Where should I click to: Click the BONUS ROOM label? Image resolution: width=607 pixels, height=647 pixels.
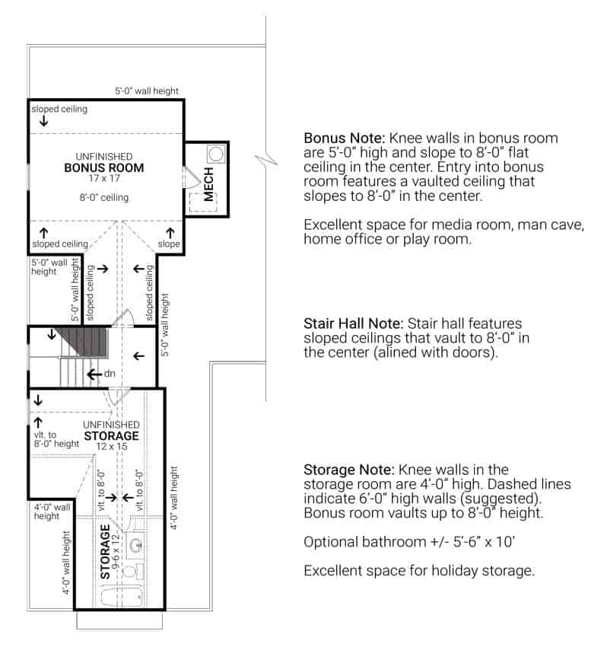(103, 167)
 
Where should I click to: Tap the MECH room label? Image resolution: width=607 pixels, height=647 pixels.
(208, 185)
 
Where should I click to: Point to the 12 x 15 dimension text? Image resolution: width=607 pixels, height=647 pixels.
(111, 447)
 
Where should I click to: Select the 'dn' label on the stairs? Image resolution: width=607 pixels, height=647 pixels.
(109, 374)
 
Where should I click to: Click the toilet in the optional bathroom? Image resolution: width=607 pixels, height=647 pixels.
(130, 570)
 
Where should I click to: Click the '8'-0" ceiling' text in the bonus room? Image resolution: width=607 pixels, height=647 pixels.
(103, 198)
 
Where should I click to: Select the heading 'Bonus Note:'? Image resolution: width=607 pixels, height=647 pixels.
(344, 139)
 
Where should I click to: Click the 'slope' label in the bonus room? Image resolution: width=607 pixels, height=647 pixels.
(169, 244)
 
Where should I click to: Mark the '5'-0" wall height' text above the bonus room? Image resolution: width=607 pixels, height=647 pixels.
(147, 91)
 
